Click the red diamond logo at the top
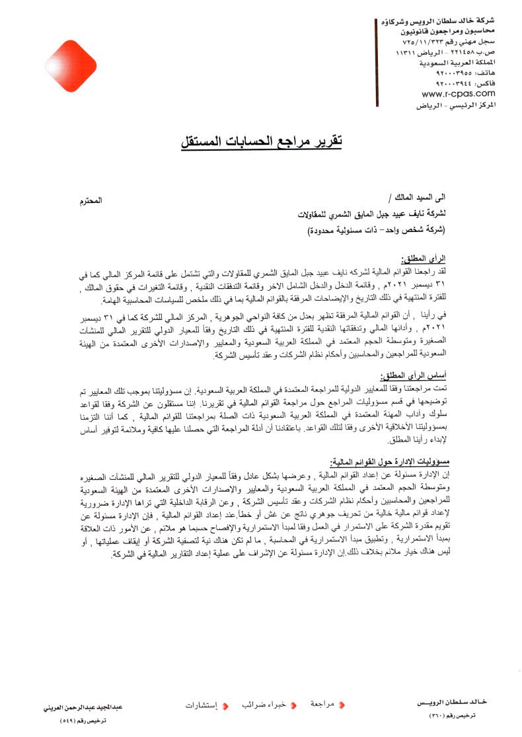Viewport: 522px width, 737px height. point(71,65)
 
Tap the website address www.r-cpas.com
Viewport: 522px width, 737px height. point(449,94)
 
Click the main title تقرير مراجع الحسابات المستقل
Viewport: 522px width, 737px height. point(261,141)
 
